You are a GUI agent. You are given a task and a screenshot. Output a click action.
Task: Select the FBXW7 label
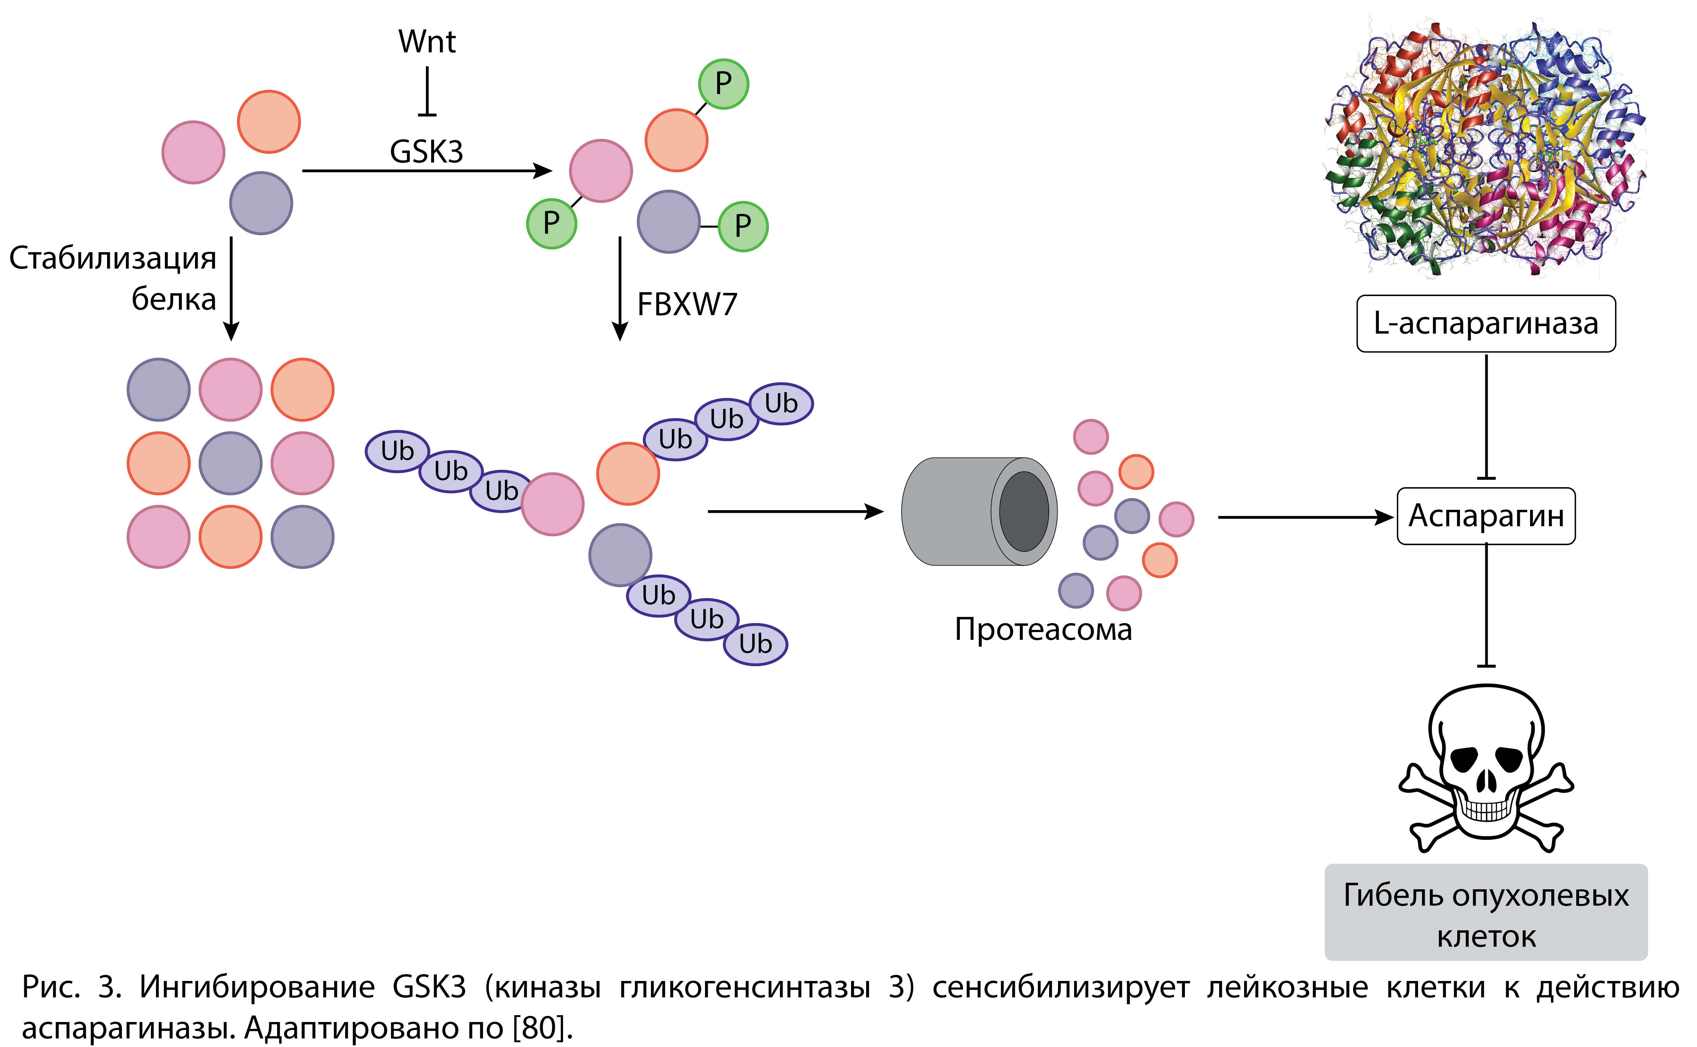(687, 305)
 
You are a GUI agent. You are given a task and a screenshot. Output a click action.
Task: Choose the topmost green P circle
(723, 84)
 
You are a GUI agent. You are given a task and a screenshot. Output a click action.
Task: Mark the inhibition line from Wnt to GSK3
(427, 91)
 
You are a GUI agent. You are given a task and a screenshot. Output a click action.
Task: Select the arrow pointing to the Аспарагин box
(1305, 517)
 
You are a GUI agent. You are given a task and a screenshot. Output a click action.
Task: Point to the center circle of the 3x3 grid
(231, 463)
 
